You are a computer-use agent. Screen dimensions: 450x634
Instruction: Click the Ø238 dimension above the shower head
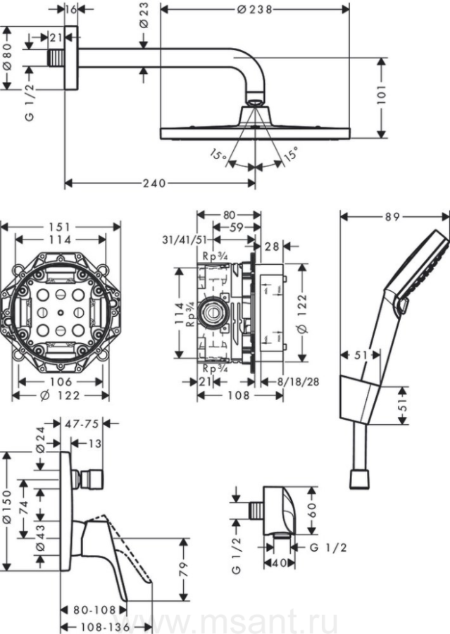click(254, 9)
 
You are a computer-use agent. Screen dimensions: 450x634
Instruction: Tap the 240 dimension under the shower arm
click(154, 184)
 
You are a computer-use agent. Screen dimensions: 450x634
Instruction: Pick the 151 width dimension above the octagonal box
click(60, 228)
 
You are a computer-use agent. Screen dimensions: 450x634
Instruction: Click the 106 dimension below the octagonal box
click(61, 381)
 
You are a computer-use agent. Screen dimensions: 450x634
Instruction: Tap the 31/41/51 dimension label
click(185, 240)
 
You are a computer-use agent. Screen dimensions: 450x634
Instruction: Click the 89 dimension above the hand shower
click(392, 217)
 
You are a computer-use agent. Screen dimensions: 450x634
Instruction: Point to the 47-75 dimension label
click(82, 423)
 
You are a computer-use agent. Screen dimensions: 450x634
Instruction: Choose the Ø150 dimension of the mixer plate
click(7, 510)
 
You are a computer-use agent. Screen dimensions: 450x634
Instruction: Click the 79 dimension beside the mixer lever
click(184, 569)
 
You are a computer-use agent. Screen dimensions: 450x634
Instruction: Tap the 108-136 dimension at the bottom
click(105, 627)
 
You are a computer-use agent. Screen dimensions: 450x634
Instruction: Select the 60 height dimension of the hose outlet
click(313, 510)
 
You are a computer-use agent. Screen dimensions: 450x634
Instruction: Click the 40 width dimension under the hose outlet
click(279, 562)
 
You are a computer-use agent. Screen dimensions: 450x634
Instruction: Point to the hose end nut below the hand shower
click(359, 479)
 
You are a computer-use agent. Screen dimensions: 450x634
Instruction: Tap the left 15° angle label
click(218, 155)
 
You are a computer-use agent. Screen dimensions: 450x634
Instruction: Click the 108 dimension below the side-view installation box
click(239, 395)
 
